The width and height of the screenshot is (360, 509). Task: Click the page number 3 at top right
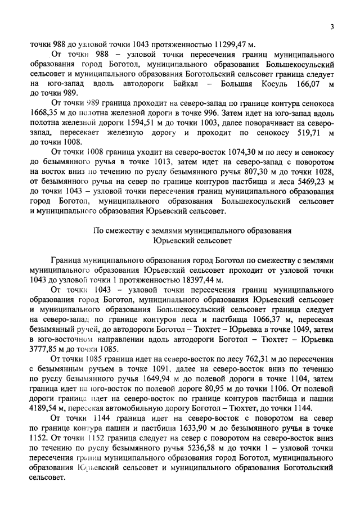click(332, 26)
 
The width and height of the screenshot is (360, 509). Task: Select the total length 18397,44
click(192, 280)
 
